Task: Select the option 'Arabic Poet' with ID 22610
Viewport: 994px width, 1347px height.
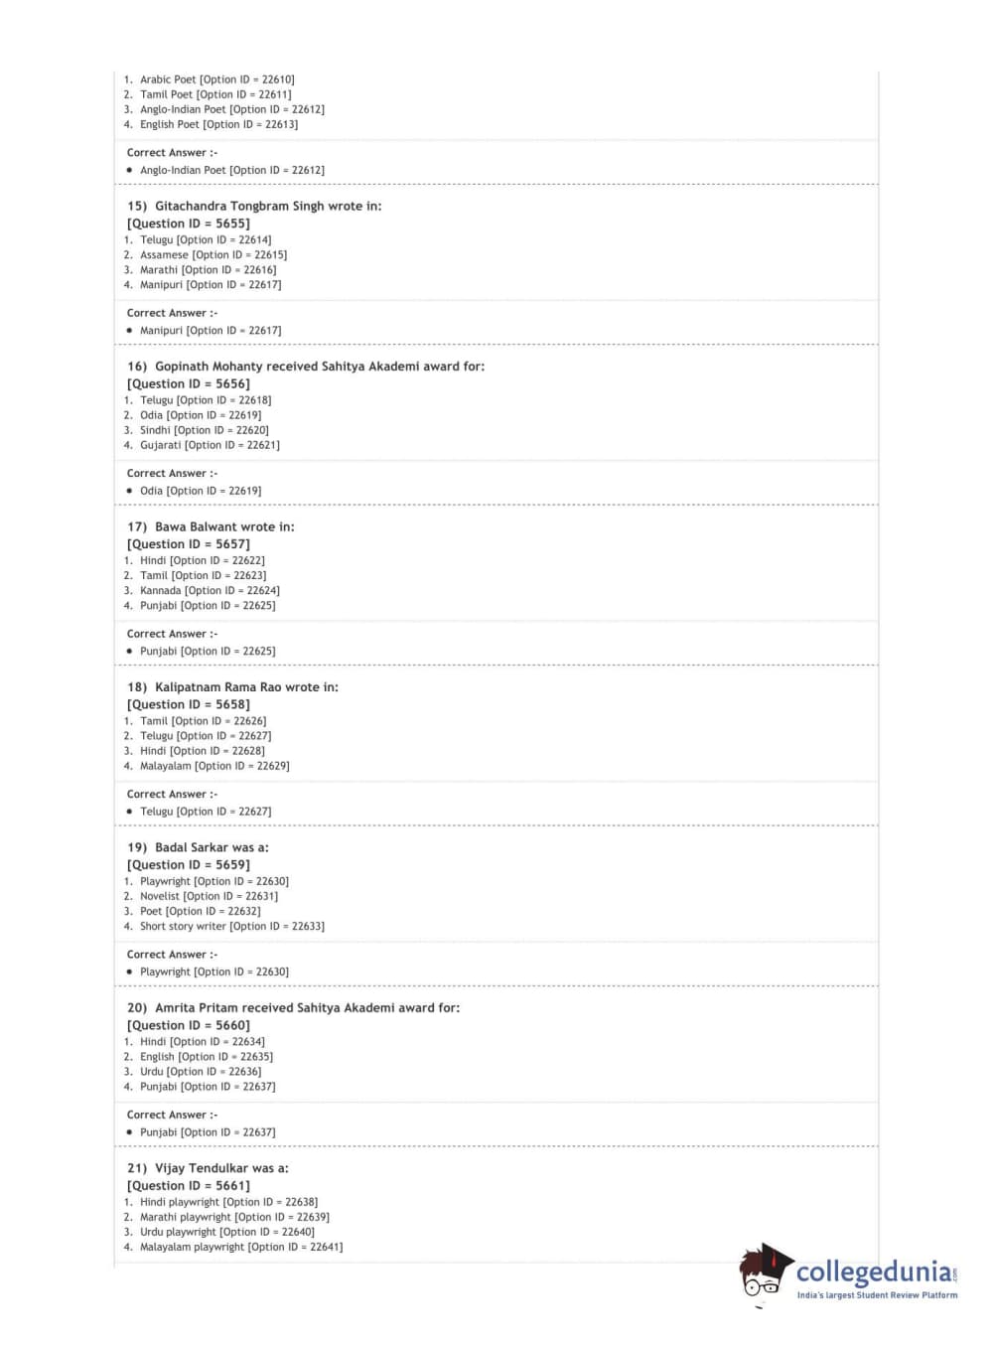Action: pos(216,79)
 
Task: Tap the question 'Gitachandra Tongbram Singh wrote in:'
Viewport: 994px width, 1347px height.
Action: pos(267,207)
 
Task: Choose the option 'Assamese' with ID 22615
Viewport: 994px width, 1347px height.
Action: pos(213,255)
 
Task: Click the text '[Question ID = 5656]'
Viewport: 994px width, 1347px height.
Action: pos(189,384)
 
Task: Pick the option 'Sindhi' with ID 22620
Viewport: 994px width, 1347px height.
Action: pos(204,431)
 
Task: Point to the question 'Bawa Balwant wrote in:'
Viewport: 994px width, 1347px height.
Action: pos(224,527)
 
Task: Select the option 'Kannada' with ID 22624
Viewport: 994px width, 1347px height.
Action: pos(210,591)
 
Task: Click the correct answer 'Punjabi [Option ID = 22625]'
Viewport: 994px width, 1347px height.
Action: pos(208,652)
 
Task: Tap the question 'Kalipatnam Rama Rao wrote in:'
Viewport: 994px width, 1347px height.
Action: pos(246,687)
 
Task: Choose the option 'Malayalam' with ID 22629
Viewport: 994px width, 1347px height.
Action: pos(214,767)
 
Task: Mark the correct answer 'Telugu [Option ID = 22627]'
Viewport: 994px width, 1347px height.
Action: pos(206,812)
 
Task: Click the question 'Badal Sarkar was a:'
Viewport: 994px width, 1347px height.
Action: pos(212,848)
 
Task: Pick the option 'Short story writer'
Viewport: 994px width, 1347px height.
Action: pos(231,927)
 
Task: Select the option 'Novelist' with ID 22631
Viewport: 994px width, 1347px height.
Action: pos(209,897)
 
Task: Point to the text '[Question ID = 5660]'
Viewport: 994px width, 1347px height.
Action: pos(189,1026)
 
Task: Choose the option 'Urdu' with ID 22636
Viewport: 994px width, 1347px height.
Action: pos(201,1072)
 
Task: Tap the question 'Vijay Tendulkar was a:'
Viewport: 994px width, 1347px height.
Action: pos(221,1169)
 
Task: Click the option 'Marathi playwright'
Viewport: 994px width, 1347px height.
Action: pos(234,1218)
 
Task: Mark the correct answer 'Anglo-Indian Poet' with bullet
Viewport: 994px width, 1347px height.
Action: pos(231,171)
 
